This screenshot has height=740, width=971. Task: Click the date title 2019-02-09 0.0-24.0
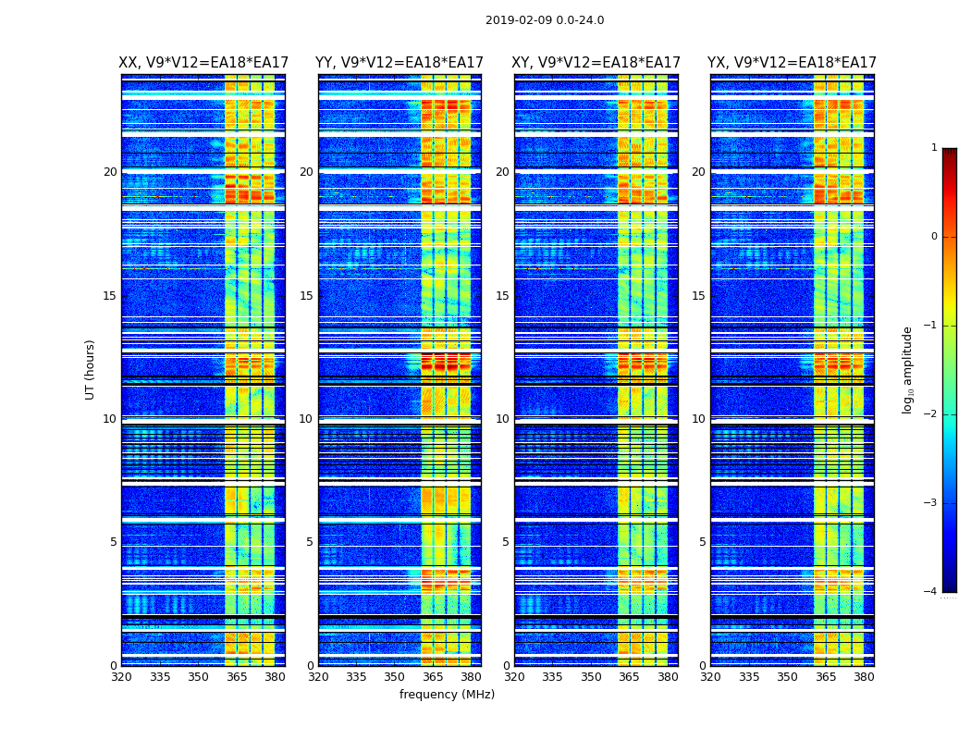coord(545,20)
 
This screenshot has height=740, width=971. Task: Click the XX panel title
coord(203,63)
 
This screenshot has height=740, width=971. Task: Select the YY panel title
coord(399,63)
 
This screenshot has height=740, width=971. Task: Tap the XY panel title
coord(596,63)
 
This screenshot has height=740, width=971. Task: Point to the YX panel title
coord(793,63)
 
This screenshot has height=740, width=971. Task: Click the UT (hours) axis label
coord(91,369)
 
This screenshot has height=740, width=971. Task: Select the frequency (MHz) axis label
coord(447,695)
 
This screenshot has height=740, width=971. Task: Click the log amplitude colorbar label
coord(908,369)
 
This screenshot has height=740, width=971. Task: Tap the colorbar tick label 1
coord(934,148)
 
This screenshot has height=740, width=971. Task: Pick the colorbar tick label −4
coord(931,592)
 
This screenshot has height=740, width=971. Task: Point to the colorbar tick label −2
coord(931,414)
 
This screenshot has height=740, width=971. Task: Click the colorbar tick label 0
coord(934,237)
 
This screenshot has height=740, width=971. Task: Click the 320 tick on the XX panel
coord(121,677)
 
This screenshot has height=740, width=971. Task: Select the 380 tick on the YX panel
coord(864,677)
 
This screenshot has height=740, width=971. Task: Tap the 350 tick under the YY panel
coord(395,677)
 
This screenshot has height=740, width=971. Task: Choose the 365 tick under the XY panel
coord(629,677)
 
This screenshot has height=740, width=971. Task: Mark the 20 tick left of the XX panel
coord(110,172)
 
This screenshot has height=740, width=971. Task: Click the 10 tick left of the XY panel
coord(502,419)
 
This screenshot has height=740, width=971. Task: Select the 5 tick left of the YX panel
coord(702,542)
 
